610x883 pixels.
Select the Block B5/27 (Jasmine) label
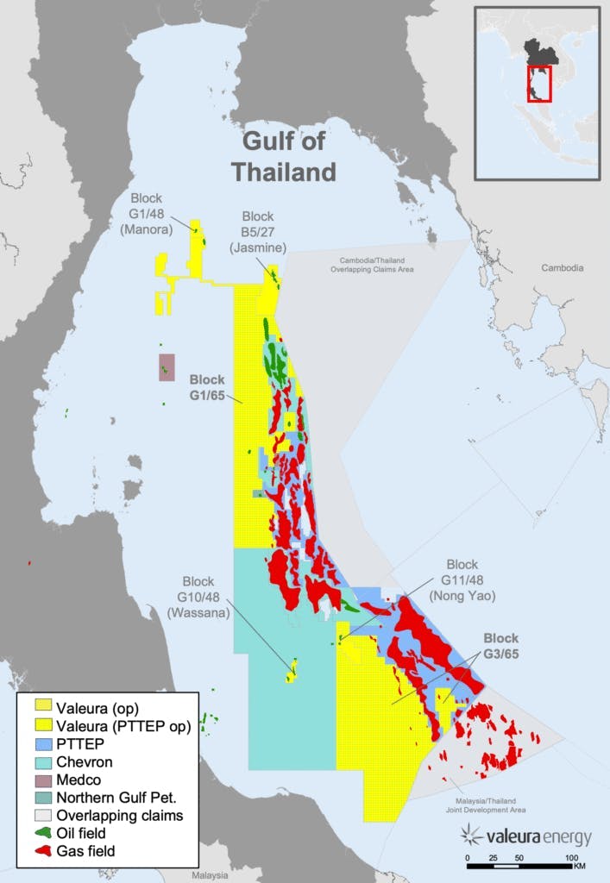257,232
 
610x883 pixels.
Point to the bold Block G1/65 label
207,387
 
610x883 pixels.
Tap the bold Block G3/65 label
500,646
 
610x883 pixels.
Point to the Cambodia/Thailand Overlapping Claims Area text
374,265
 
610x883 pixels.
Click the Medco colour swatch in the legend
41,780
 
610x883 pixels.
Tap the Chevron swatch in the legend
41,763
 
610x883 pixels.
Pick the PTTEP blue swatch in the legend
41,745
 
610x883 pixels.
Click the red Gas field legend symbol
41,851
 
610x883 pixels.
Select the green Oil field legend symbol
41,833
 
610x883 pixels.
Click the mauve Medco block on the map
167,367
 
